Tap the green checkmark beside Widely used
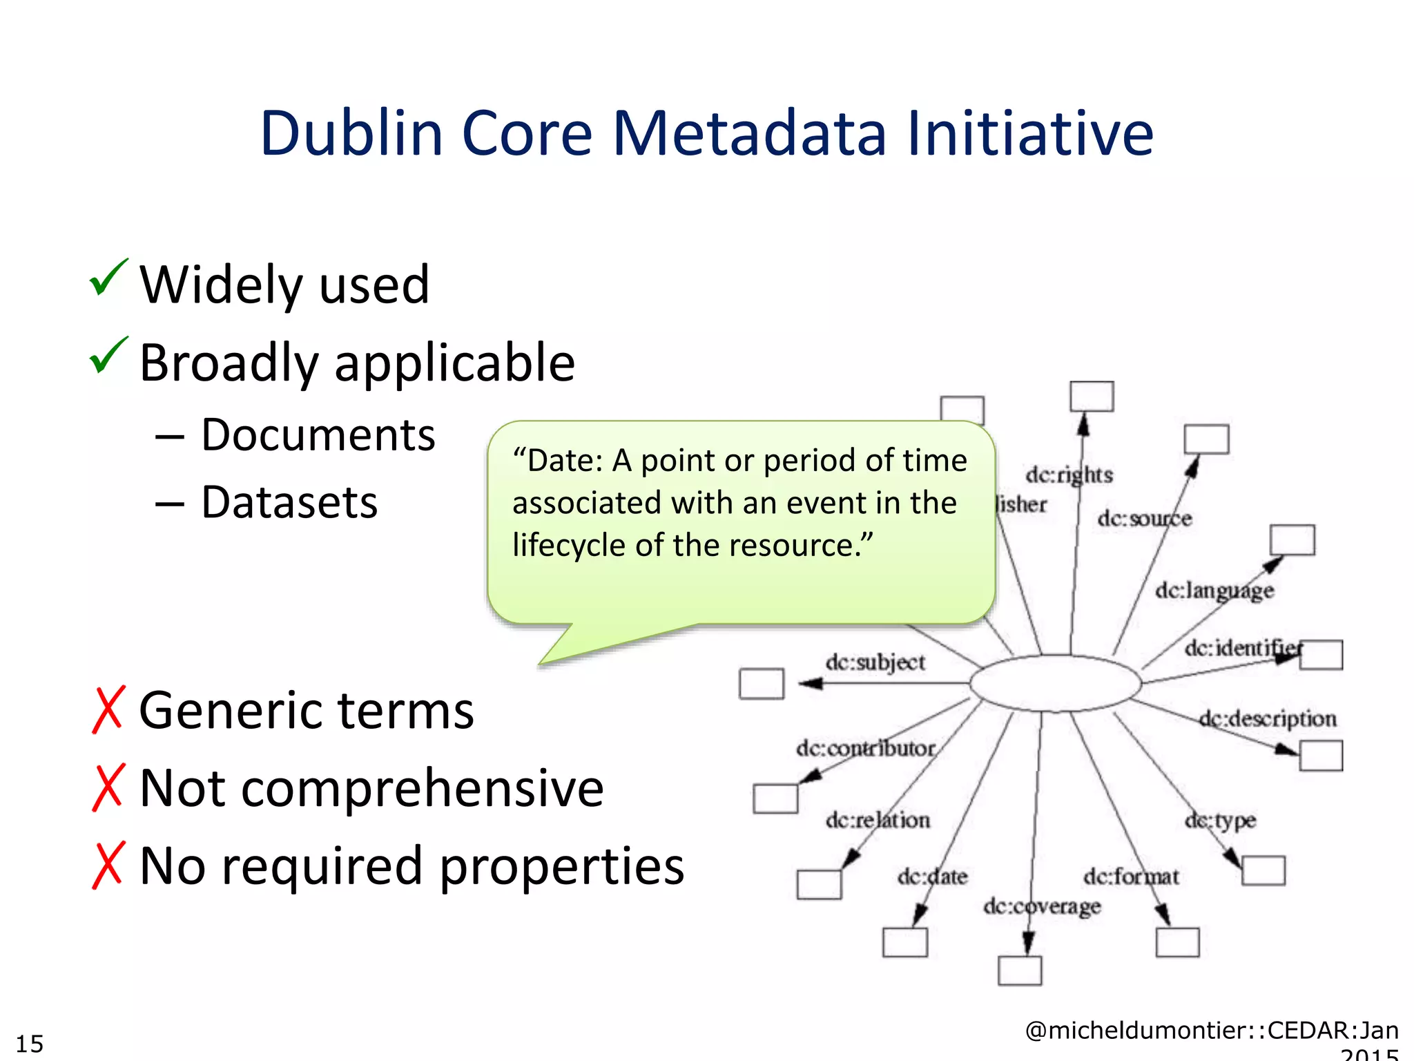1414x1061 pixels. tap(108, 278)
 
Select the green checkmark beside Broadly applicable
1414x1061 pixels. tap(108, 356)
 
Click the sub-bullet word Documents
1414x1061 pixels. tap(318, 435)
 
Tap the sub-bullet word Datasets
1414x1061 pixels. tap(289, 502)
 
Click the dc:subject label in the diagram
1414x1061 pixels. tap(875, 662)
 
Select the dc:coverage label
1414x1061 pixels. tap(1041, 906)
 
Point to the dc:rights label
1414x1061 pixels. tap(1069, 475)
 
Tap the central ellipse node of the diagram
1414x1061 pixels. tap(1055, 683)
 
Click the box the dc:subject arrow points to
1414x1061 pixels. tap(761, 684)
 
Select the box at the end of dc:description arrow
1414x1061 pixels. tap(1320, 756)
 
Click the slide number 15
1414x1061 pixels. tap(30, 1043)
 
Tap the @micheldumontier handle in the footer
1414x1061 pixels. tap(1139, 1031)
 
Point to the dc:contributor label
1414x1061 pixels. tap(865, 748)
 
